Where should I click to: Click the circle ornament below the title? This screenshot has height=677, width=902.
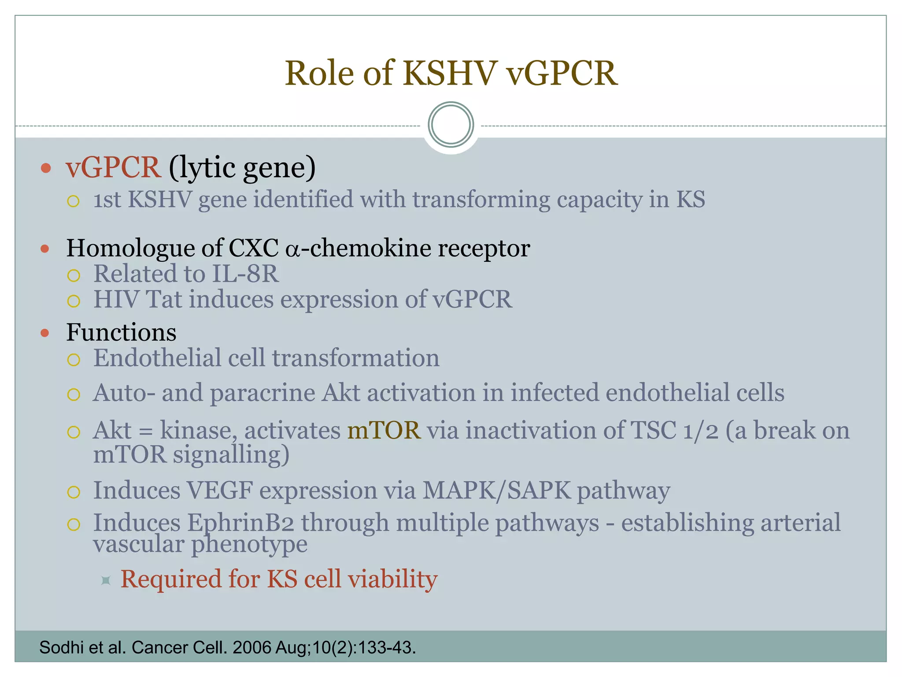451,125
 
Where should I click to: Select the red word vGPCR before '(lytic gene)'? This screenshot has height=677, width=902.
113,167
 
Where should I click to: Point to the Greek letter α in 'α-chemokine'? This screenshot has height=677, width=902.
292,249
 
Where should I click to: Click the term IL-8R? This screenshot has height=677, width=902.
245,274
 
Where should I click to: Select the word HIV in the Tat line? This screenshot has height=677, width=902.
116,299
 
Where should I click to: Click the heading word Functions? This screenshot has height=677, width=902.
121,332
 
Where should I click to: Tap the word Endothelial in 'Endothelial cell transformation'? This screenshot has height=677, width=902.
156,358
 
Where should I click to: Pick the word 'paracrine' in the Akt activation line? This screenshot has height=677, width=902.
262,393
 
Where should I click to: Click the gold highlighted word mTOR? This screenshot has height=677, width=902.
384,430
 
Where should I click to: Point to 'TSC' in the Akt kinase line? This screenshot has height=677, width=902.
653,430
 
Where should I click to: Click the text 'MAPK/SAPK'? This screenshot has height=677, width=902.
496,490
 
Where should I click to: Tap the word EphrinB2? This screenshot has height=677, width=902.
240,523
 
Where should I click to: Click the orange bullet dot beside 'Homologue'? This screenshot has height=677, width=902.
45,249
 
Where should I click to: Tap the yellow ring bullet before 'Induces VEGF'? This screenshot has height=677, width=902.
74,492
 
